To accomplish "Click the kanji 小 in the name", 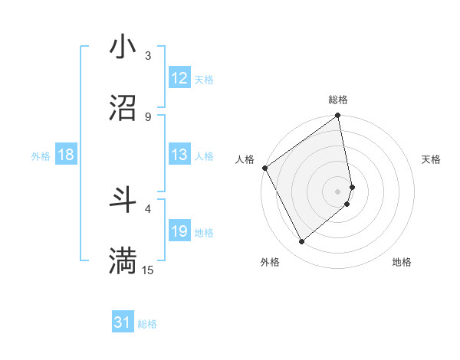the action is point(123,47).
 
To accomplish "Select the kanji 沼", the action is point(123,108).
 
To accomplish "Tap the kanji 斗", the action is point(123,200).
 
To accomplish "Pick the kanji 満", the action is point(123,261).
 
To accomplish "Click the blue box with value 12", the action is point(179,78).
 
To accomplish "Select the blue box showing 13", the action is point(179,155).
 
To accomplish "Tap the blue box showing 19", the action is point(179,231).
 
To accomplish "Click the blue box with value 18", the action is point(66,155).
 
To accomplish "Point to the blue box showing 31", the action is point(123,322).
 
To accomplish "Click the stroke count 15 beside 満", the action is point(148,270).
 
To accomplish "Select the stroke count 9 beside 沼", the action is point(148,116).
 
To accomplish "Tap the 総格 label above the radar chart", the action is point(338,100).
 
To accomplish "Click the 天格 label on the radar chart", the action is point(432,159).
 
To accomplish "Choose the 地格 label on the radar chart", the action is point(402,262).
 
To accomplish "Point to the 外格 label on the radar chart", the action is point(270,262).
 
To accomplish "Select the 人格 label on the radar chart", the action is point(245,159).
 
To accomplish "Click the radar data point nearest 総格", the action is point(338,116).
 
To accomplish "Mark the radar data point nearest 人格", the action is point(264,168).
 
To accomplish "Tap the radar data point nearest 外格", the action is point(301,242).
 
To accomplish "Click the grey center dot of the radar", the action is point(338,191).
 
